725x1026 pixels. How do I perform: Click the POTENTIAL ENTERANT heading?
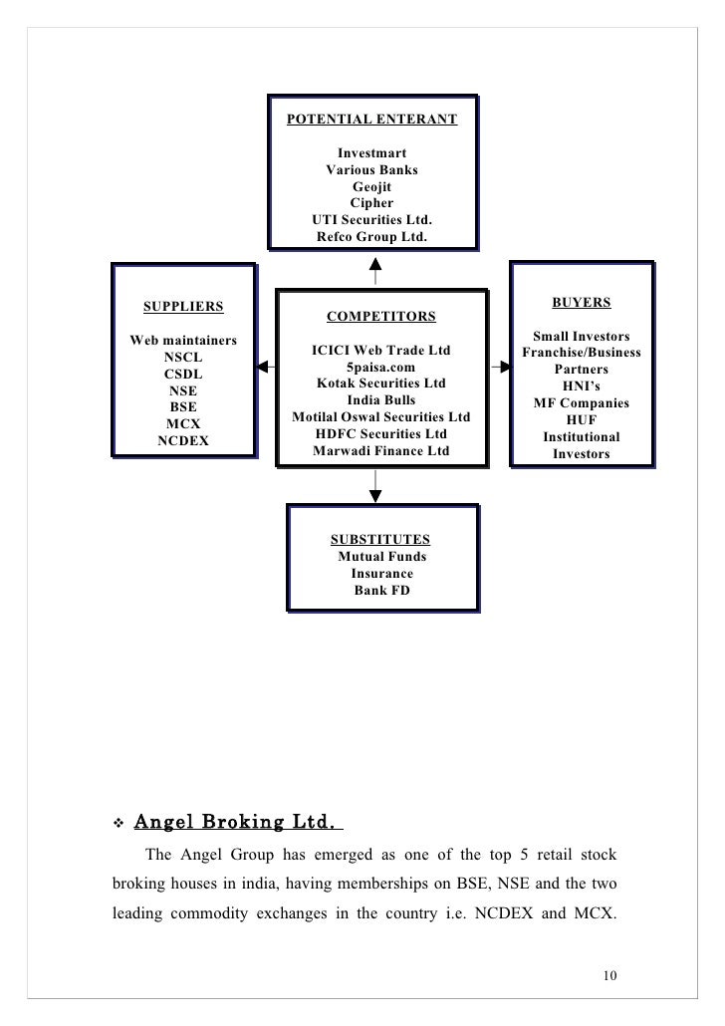[371, 121]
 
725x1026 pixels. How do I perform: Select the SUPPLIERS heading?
[183, 306]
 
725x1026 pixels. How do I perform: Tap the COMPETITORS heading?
[380, 318]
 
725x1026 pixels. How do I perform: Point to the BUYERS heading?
[581, 302]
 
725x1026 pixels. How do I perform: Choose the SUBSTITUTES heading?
[380, 540]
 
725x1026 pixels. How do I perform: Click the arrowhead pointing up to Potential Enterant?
[374, 264]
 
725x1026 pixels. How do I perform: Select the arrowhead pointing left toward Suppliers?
[262, 367]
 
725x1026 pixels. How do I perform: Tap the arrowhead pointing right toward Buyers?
[505, 367]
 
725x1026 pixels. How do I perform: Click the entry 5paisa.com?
[380, 367]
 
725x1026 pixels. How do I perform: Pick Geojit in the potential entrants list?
[371, 186]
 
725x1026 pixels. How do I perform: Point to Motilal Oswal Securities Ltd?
[380, 417]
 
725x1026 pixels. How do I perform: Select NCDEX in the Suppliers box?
[183, 440]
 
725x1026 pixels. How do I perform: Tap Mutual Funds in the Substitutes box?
[380, 557]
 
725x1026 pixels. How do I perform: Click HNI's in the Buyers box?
[581, 386]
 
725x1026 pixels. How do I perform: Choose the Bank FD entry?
[380, 591]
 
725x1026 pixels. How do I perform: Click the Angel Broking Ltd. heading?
[237, 823]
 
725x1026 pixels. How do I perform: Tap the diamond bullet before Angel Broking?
[118, 825]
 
